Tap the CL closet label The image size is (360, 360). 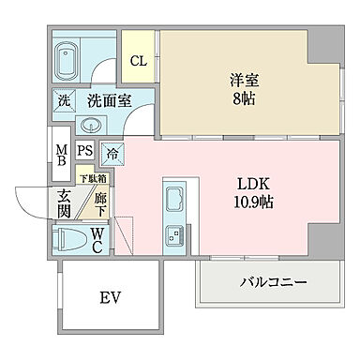click(x=138, y=62)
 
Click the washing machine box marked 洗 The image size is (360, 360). click(x=64, y=100)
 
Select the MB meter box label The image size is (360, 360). click(x=60, y=157)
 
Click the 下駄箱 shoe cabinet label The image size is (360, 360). click(x=92, y=179)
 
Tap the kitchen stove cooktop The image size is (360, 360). click(x=175, y=237)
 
